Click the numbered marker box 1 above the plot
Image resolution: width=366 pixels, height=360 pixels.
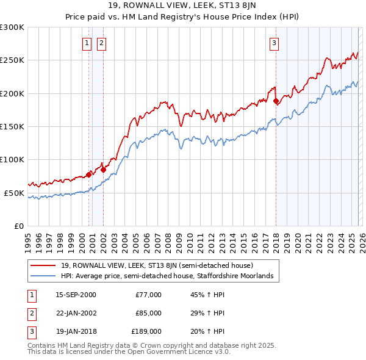(87, 43)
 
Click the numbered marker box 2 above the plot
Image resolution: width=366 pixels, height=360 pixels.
(101, 43)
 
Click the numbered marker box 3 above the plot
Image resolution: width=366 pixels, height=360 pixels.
(274, 43)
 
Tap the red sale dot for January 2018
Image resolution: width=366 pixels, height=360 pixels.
(276, 101)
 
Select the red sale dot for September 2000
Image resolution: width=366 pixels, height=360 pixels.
(89, 175)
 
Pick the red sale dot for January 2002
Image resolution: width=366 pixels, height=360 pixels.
(103, 170)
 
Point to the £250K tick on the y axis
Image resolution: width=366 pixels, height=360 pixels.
(12, 60)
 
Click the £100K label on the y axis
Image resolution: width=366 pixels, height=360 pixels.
(12, 159)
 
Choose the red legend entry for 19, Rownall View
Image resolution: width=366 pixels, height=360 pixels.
(161, 265)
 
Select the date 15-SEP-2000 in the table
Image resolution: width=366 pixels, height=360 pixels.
(76, 295)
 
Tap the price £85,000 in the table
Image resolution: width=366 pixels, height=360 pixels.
(148, 312)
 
